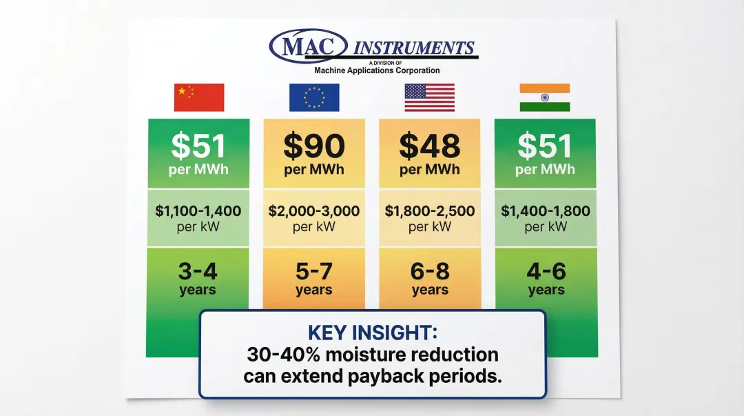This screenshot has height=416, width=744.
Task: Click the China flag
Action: (199, 97)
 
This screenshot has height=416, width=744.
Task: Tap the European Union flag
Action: (314, 97)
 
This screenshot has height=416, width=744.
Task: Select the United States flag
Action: (429, 97)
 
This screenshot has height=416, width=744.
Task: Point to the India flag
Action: (544, 97)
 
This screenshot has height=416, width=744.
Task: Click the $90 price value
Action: (314, 146)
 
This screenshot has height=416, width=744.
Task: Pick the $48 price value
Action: (430, 146)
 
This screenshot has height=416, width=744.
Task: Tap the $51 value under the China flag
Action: (198, 146)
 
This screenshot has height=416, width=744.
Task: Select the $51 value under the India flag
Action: (545, 146)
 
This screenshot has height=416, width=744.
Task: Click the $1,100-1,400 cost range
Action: (198, 211)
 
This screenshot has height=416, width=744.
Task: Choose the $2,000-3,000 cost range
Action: (314, 211)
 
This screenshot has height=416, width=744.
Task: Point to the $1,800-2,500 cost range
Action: (430, 211)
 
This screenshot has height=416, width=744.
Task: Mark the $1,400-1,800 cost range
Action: (546, 211)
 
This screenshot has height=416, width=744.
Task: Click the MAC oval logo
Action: (307, 47)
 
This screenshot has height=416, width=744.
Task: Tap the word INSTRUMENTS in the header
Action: (414, 48)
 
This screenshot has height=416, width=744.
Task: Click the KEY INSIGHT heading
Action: (372, 333)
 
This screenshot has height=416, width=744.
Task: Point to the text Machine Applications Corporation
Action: (377, 70)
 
